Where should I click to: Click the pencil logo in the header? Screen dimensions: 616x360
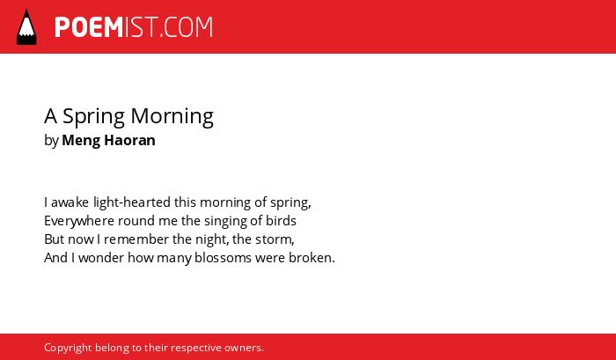point(26,27)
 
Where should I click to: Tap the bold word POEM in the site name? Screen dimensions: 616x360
point(89,27)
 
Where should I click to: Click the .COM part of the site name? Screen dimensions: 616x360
point(187,27)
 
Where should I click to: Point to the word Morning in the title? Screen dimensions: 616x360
point(172,117)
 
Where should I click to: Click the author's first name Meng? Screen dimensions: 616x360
point(81,141)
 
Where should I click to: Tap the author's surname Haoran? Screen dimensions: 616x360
point(129,140)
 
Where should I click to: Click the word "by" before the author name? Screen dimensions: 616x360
point(51,141)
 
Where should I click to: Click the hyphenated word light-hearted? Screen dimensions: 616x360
point(132,202)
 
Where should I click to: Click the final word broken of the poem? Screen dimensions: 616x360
point(312,258)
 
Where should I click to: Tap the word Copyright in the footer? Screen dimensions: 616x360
point(68,349)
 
